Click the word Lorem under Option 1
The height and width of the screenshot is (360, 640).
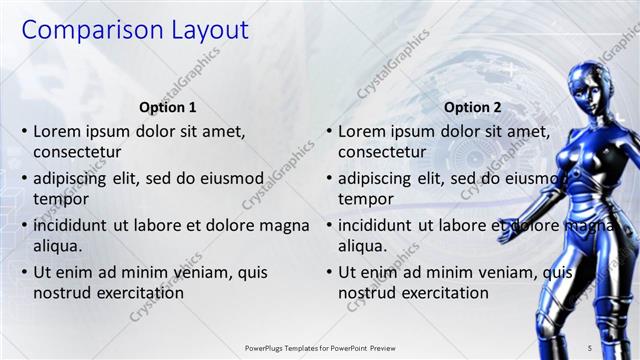59,131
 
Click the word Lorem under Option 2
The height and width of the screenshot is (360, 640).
364,131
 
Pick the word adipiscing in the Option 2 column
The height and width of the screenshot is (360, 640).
376,179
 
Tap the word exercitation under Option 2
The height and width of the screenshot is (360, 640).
442,293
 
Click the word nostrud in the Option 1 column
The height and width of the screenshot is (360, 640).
63,293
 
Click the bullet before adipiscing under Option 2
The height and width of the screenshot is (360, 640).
329,179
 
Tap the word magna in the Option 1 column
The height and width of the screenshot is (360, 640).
285,226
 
